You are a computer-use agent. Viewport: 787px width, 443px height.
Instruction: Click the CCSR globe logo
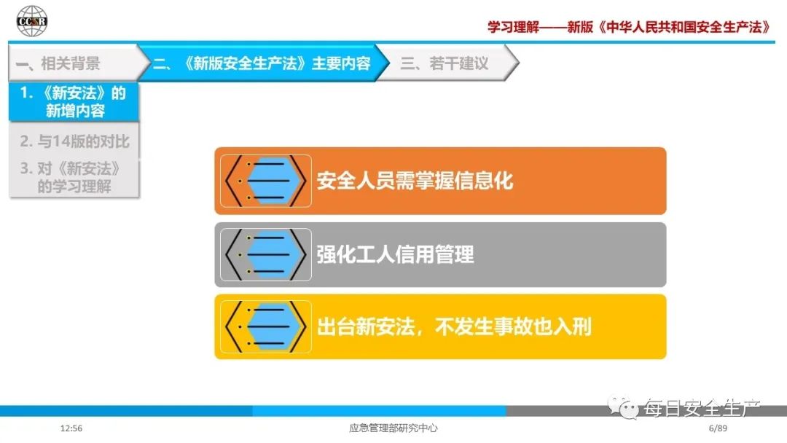coord(31,21)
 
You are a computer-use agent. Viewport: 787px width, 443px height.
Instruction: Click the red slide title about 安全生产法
coord(630,26)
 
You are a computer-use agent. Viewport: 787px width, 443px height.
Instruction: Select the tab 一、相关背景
coord(58,63)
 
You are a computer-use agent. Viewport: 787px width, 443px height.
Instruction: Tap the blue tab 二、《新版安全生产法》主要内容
coord(262,63)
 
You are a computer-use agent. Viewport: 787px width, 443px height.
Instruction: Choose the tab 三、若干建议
coord(445,63)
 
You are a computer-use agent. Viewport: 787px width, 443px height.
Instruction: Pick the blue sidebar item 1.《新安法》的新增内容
coord(74,101)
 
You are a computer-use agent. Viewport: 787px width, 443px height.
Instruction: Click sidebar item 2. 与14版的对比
coord(75,141)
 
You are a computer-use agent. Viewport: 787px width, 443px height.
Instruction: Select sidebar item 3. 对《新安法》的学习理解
coord(71,177)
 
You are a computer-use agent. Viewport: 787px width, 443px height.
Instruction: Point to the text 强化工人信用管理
coord(395,254)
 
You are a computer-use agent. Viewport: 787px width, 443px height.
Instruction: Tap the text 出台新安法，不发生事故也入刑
coord(454,326)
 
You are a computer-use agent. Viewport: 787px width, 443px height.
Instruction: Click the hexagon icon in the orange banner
coord(265,181)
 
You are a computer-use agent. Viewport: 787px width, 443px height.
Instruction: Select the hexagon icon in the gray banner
coord(265,254)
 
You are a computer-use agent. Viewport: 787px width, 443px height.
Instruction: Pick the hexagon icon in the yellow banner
coord(265,326)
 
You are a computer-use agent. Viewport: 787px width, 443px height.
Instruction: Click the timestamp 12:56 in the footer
coord(71,428)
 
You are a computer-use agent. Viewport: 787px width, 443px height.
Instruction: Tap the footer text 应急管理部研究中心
coord(393,428)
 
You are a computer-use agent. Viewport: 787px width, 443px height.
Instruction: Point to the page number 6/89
coord(718,428)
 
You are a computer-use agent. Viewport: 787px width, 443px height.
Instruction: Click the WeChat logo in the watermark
coord(623,407)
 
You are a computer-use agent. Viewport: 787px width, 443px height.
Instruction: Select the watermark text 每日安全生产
coord(702,408)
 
